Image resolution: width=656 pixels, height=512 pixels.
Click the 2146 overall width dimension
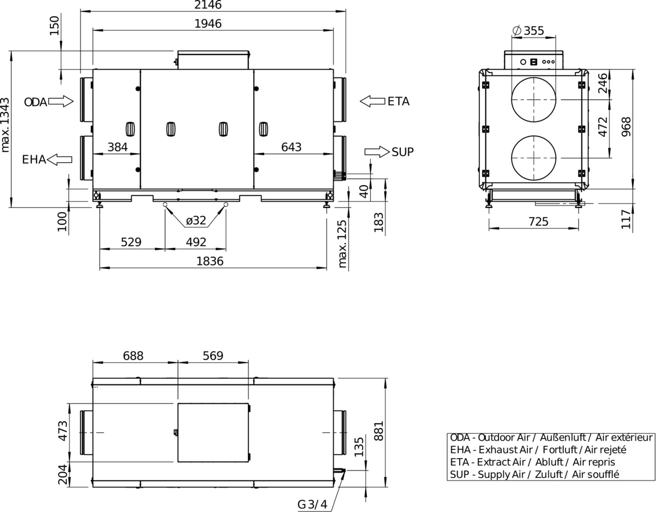208,5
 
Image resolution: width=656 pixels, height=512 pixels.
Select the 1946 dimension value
208,24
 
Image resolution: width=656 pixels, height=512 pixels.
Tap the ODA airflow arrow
61,101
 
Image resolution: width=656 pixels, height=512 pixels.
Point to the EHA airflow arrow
59,159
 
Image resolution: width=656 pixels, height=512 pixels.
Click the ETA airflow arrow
372,101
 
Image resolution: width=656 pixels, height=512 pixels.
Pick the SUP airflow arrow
377,152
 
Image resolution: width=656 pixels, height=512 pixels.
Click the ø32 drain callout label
196,220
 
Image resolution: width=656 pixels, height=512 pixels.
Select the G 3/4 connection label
312,504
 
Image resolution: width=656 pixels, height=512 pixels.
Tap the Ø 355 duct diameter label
528,31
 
